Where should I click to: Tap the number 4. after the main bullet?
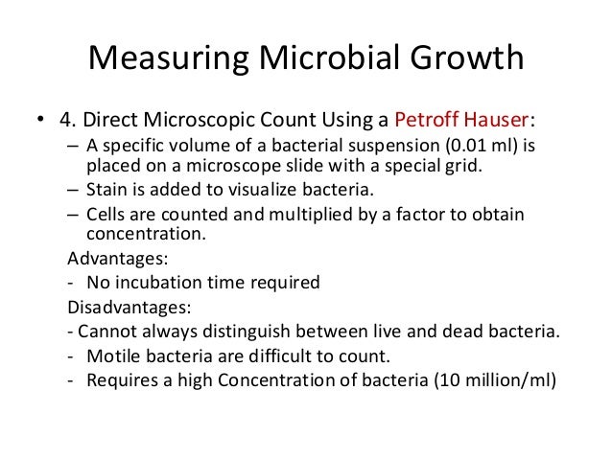(66, 122)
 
